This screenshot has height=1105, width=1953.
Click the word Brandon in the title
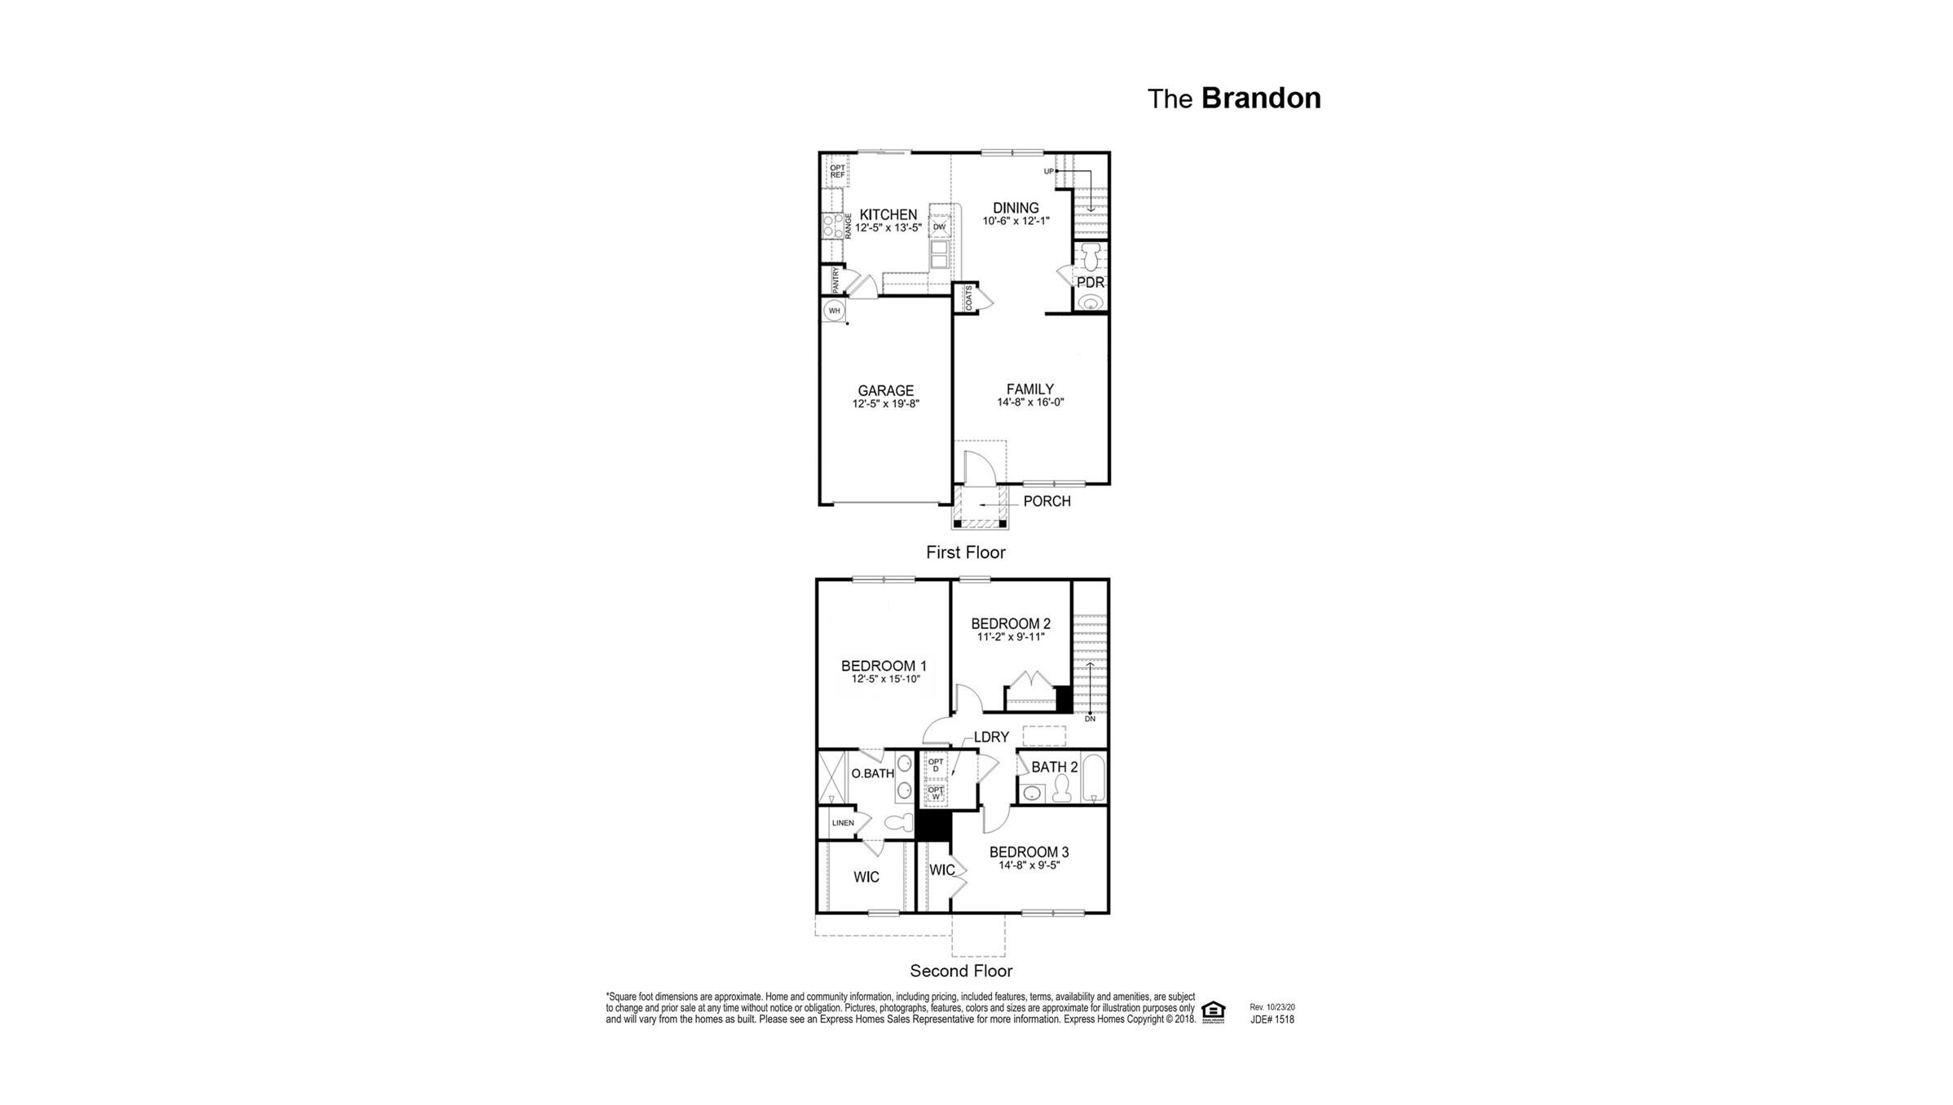coord(1260,99)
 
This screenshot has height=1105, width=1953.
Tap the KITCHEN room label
coord(888,215)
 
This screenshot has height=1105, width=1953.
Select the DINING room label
coord(1016,208)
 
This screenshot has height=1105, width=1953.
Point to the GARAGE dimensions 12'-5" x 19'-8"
coord(886,403)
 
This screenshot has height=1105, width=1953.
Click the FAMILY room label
coord(1029,390)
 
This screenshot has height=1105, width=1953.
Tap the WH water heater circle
coord(834,310)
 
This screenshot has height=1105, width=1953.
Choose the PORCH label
coord(1047,501)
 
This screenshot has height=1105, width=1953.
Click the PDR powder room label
coord(1090,283)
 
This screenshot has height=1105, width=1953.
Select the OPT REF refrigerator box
coord(837,171)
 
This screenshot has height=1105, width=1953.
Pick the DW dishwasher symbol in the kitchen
coord(939,227)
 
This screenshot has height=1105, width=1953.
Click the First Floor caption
coord(965,552)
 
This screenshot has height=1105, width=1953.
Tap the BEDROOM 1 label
coord(884,667)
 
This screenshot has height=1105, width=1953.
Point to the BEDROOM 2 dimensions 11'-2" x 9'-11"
coord(1011,637)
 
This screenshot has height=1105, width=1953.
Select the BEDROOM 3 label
coord(1029,852)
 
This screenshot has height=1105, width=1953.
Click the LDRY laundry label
coord(991,737)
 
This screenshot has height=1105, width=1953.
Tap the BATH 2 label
coord(1054,768)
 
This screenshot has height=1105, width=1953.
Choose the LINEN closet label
coord(843,823)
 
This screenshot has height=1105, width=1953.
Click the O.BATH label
coord(872,773)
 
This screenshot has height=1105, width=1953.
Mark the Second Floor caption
coord(961,971)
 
